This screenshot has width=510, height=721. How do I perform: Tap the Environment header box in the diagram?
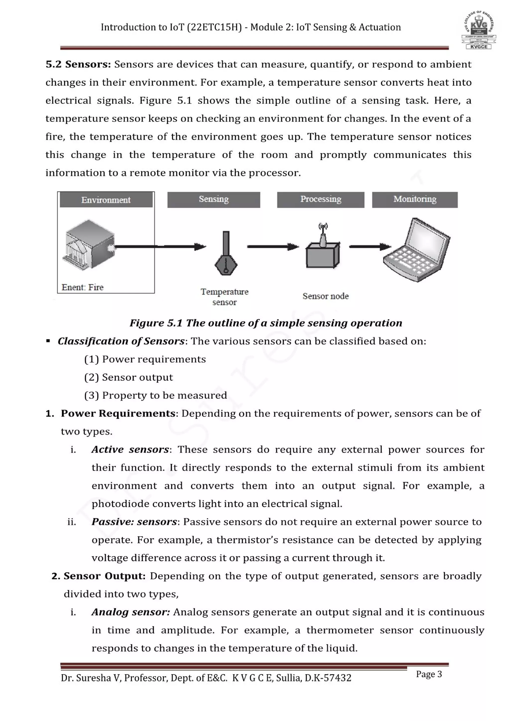point(106,200)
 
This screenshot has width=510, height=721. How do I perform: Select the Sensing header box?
point(214,200)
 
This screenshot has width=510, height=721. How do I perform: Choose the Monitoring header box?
point(415,200)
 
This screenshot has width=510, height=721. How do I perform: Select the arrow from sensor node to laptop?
point(370,246)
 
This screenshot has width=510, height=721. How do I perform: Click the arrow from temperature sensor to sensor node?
point(273,247)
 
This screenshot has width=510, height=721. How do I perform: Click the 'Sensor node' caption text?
point(325,296)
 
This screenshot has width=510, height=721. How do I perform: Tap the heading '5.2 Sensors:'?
point(78,64)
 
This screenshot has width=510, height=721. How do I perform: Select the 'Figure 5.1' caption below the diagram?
point(266,323)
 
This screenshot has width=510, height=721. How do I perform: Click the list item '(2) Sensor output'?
point(128,377)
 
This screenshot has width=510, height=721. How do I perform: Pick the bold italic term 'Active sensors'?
point(130,449)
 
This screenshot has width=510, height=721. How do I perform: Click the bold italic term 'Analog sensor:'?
point(130,612)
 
